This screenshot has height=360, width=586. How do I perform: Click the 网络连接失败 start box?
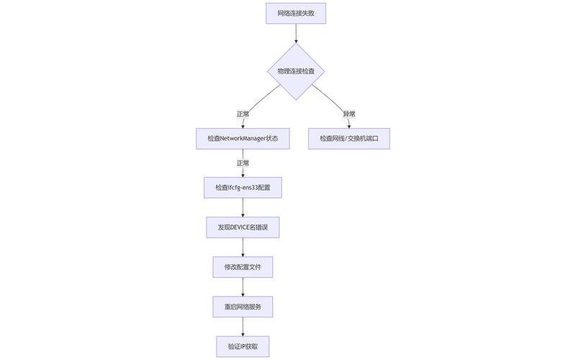(x=296, y=13)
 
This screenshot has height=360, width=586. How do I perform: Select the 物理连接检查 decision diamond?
(x=296, y=71)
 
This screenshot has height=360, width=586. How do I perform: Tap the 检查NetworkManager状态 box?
(x=243, y=138)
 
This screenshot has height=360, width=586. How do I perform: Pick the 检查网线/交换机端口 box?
(x=349, y=138)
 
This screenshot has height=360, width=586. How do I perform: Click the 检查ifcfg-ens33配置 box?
(x=243, y=187)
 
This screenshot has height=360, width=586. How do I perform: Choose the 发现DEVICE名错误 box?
(x=243, y=228)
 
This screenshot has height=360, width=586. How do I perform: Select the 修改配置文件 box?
(x=243, y=267)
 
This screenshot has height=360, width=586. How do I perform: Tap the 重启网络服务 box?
(x=243, y=307)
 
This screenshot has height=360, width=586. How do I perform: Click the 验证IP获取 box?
(x=243, y=346)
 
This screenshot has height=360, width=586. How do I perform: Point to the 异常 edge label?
(x=349, y=114)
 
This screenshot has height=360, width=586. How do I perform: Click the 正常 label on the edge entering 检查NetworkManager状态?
(x=243, y=114)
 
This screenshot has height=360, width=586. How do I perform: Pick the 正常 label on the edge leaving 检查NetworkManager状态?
(x=243, y=163)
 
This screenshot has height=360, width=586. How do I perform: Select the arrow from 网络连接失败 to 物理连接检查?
(x=296, y=33)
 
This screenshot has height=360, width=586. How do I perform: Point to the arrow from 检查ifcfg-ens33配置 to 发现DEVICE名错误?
(x=243, y=207)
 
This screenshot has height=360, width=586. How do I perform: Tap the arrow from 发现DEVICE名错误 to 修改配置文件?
(x=243, y=247)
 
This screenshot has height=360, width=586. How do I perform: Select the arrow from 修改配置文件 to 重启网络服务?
(x=243, y=287)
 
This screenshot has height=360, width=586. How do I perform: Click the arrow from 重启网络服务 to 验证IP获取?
(x=243, y=326)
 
